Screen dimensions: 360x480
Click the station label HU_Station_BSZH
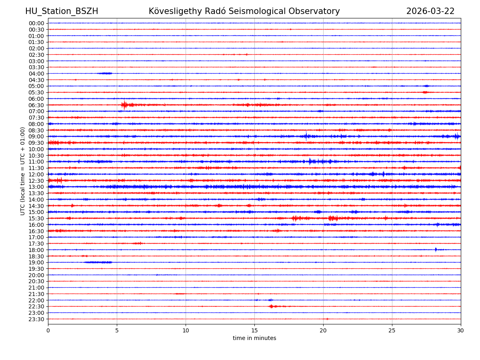(x=62, y=11)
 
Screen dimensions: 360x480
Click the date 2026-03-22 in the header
(x=430, y=11)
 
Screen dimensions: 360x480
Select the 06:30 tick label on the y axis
(x=36, y=105)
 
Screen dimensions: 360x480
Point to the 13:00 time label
(x=36, y=187)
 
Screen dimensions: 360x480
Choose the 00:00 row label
(x=36, y=23)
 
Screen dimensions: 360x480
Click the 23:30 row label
(x=36, y=319)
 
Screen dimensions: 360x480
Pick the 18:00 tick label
(x=36, y=250)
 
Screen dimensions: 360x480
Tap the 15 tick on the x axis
(x=254, y=330)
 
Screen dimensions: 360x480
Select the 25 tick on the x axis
(x=392, y=330)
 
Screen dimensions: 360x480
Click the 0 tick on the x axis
(x=48, y=330)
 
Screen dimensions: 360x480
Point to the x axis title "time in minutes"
(x=254, y=338)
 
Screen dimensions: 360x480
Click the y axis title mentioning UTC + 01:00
(x=23, y=171)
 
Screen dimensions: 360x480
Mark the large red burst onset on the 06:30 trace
(x=124, y=105)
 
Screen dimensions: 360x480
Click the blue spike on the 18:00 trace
(x=436, y=250)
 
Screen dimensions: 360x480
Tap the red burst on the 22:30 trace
(x=271, y=306)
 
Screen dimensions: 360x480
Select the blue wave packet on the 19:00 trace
(x=98, y=262)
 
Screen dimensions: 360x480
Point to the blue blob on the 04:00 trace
(x=105, y=73)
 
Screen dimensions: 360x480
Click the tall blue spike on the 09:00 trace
(x=306, y=136)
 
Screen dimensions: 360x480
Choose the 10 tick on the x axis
(x=186, y=330)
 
